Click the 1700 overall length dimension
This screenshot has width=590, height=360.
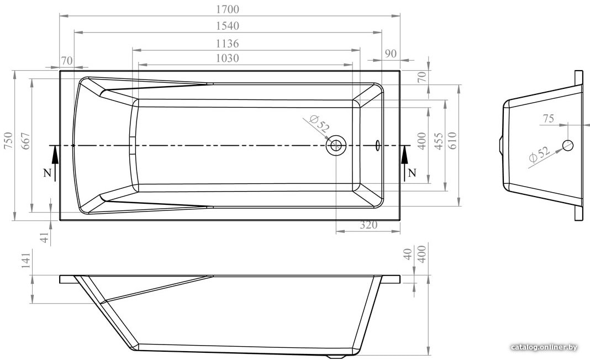228,9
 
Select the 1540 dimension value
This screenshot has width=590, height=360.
228,26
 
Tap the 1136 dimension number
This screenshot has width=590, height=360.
227,44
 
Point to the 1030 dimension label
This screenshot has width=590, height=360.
227,59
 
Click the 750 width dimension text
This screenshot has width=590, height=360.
9,140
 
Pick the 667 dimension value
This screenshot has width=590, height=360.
25,141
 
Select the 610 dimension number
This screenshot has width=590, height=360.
452,141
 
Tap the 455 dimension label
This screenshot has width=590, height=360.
439,141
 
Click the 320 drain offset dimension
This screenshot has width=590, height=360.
368,225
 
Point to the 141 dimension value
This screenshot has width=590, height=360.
25,260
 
